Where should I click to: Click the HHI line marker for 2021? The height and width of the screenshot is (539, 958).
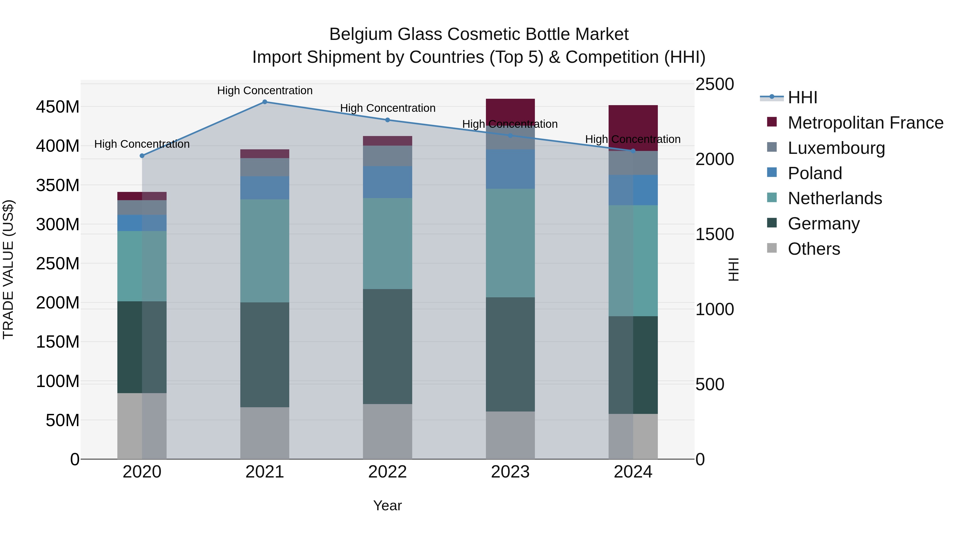[x=265, y=102]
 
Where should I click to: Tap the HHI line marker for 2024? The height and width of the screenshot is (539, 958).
[x=633, y=151]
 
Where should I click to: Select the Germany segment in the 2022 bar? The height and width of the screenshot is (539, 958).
[x=387, y=346]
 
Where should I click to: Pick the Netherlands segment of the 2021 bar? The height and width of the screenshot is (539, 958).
[x=265, y=251]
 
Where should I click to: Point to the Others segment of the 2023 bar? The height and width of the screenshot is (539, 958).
[x=510, y=435]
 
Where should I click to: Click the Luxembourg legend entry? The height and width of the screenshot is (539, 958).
[x=836, y=148]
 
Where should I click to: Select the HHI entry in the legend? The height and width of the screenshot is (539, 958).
[x=803, y=97]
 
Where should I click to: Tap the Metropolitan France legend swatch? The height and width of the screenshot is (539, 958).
[x=772, y=122]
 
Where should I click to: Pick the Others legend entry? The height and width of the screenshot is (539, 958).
[x=814, y=249]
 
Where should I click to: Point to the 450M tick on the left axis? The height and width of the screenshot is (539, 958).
[x=58, y=107]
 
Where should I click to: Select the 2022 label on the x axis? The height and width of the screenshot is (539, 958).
[x=387, y=472]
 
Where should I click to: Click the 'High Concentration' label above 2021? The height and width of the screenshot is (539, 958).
[x=265, y=90]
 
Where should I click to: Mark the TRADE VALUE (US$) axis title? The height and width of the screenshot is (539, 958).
[x=8, y=269]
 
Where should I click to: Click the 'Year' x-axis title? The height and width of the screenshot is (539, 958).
[x=387, y=505]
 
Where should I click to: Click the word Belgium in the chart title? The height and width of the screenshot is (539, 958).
[x=360, y=34]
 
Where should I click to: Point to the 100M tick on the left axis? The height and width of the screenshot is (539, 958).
[x=58, y=381]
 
